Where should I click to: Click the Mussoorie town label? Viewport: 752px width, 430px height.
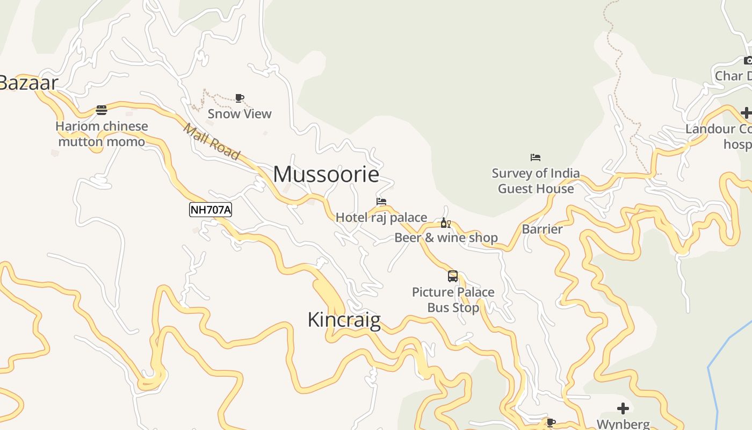coord(326,174)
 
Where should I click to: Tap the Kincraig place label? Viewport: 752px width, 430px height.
coord(344,320)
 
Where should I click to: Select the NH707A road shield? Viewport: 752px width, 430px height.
coord(211,210)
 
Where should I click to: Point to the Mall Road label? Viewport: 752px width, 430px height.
coord(211,142)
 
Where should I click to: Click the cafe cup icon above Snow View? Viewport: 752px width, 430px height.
coord(240,98)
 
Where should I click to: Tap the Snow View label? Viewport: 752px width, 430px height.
coord(240,114)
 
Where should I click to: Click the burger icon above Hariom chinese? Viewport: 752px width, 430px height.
coord(102,110)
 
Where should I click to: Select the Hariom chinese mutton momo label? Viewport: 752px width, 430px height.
coord(102,134)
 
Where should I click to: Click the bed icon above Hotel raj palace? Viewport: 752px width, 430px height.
coord(381,202)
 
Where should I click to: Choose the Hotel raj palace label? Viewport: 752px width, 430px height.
coord(381,218)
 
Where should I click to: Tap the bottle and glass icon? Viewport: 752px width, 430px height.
coord(445,223)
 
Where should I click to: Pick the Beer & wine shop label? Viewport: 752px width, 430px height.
coord(446,238)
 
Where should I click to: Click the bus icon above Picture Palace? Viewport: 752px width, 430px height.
coord(453,276)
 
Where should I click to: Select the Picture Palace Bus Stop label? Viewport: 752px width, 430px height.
coord(453,300)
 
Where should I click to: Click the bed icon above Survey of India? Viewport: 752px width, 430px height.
coord(536,157)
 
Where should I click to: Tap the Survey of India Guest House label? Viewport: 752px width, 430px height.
coord(536,181)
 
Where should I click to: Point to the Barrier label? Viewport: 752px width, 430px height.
coord(542,229)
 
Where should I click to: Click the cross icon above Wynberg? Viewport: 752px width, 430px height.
coord(623,408)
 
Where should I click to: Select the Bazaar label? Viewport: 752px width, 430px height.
coord(28,83)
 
